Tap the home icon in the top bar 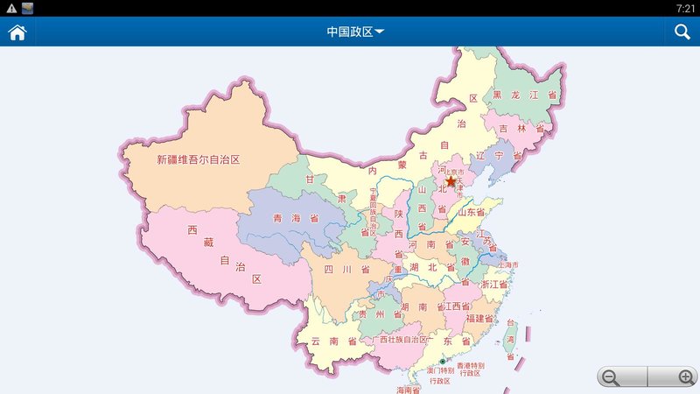[17, 32]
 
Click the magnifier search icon [682, 32]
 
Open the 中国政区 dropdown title [354, 32]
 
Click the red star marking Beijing [451, 181]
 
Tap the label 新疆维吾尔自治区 [198, 160]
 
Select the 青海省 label [295, 219]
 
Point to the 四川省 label [346, 269]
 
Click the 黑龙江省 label [524, 95]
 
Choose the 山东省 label [470, 212]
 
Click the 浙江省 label [494, 285]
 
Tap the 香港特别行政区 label [468, 369]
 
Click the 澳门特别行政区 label [438, 376]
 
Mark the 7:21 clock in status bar [685, 8]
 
